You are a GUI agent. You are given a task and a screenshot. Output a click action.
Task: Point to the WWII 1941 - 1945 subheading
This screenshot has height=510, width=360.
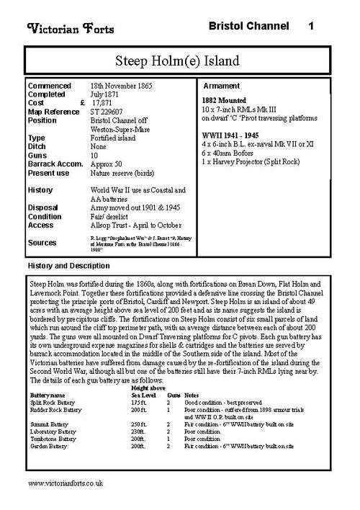234,133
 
